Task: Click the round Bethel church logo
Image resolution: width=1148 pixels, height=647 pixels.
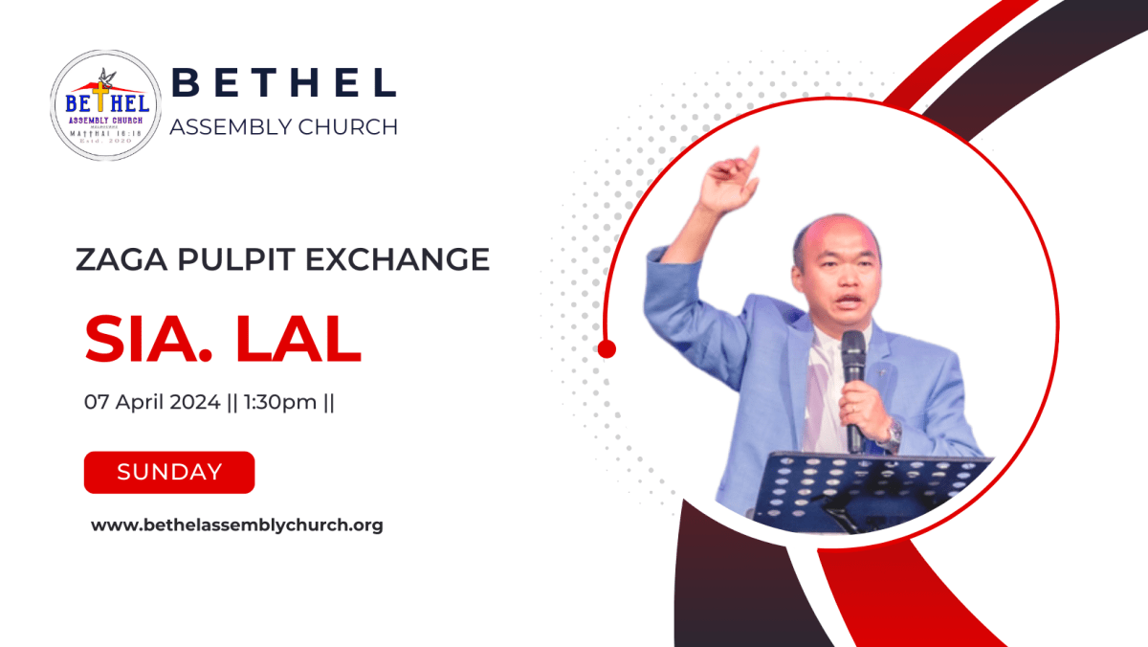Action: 105,105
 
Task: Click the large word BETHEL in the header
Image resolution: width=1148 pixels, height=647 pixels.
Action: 283,83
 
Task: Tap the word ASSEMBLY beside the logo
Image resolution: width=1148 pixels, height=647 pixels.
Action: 226,126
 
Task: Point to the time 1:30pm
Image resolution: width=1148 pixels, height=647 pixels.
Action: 279,403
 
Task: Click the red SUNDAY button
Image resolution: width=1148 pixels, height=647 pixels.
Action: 169,472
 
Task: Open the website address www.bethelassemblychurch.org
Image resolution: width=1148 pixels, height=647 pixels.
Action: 237,524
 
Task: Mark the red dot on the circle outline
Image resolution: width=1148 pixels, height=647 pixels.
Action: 606,348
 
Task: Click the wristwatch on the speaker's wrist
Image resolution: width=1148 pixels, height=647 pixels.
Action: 893,435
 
